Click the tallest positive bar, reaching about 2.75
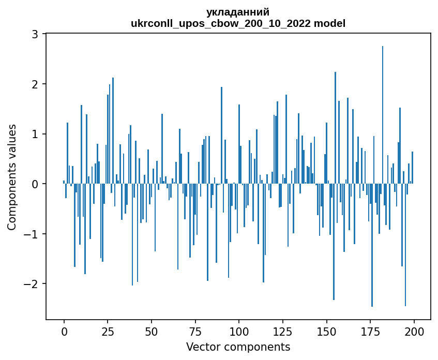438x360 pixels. (x=383, y=114)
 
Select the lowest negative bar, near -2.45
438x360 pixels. (x=372, y=246)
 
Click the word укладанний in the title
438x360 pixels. (x=238, y=12)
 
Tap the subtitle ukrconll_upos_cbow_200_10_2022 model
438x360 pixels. (x=238, y=23)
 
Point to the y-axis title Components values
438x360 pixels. (x=11, y=177)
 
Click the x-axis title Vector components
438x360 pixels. (x=238, y=347)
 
